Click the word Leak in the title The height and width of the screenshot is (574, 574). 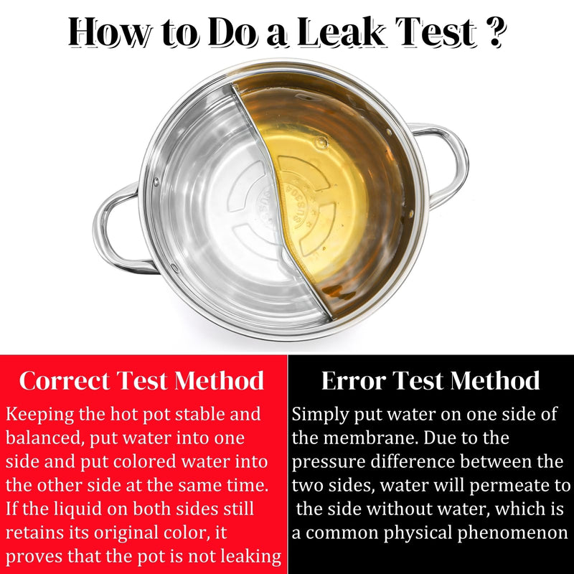click(x=342, y=32)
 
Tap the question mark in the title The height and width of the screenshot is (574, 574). click(x=497, y=32)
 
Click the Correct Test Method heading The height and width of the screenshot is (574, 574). click(x=141, y=381)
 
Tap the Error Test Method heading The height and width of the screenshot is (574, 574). click(x=430, y=381)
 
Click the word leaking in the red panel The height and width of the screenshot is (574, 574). click(x=253, y=557)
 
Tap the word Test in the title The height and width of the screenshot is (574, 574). click(x=437, y=32)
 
